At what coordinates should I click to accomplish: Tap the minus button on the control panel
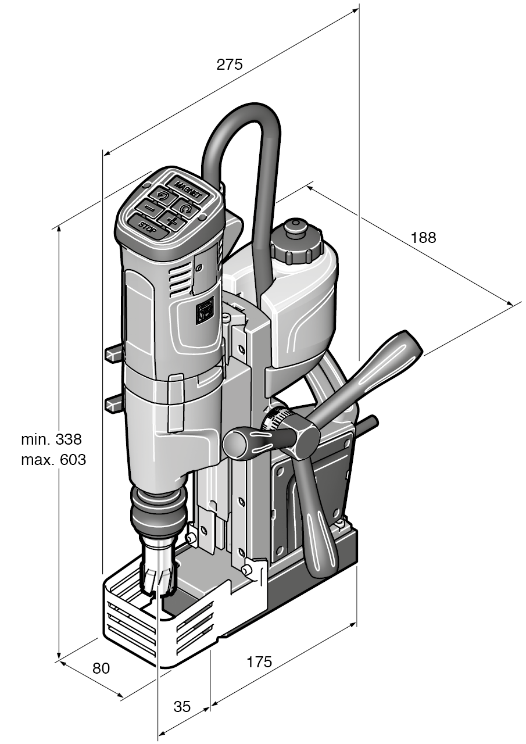[150, 206]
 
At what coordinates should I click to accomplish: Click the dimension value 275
[229, 65]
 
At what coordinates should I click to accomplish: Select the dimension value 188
[423, 238]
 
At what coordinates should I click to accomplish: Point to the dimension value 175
[259, 662]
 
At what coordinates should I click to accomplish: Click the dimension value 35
[182, 707]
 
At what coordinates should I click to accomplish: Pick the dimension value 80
[101, 668]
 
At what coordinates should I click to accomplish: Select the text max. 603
[53, 460]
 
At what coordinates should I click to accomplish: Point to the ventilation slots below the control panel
[180, 280]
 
